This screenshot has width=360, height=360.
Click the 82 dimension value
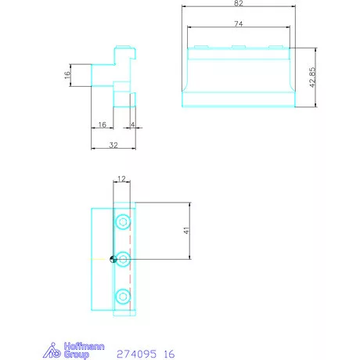pos(239,3)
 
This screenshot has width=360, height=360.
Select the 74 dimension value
pos(239,23)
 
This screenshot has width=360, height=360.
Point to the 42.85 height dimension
pos(312,77)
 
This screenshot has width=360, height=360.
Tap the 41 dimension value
pos(186,230)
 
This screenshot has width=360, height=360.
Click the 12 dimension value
pos(121,178)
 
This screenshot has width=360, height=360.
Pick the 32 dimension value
pos(113,145)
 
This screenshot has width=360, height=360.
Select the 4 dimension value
pos(132,124)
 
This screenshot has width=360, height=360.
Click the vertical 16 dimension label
pos(67,75)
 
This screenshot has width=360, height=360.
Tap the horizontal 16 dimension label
pos(103,124)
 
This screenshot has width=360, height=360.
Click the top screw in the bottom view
pos(123,222)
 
